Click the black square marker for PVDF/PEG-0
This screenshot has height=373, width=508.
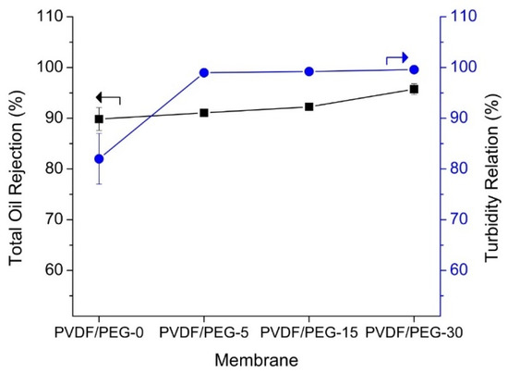100,118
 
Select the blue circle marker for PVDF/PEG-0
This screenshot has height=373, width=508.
100,158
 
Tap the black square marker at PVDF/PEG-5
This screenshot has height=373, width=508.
204,113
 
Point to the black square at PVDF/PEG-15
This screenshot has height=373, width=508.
309,106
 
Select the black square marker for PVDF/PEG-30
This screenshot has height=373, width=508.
414,89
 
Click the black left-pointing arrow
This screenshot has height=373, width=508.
107,97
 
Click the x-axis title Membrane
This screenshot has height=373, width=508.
254,357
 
